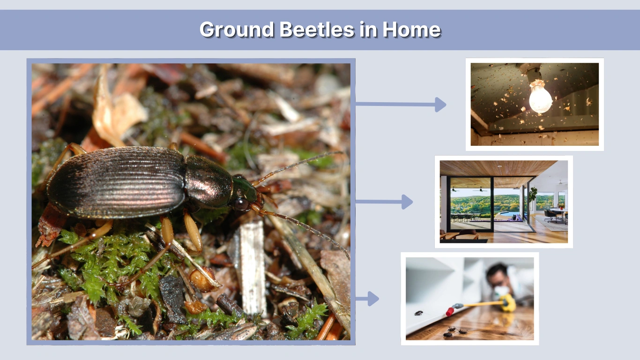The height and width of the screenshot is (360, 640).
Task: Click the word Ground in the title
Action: coord(237,30)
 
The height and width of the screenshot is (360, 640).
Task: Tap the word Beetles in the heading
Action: coord(317,30)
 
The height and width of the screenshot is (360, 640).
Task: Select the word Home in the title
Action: coord(411,30)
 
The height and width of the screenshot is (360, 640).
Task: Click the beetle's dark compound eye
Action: coord(242,204)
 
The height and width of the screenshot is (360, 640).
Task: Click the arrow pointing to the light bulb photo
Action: coord(401,105)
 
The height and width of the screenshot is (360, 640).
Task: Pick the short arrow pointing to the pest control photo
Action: coord(367,299)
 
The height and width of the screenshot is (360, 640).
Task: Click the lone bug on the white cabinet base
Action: coord(418,313)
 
